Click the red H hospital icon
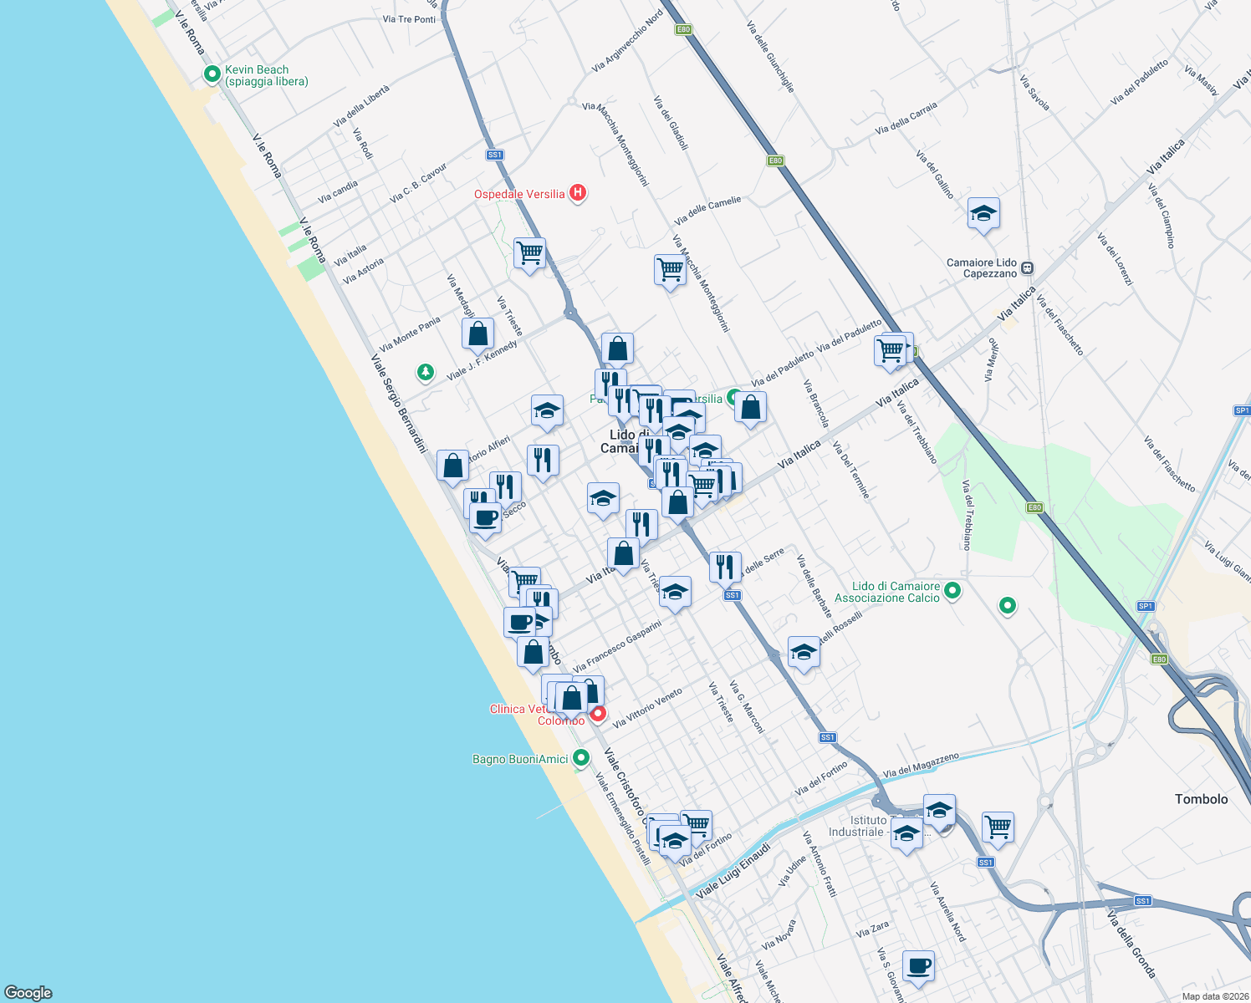(577, 193)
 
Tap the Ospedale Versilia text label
(519, 194)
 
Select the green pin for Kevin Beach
(212, 75)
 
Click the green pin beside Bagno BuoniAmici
(580, 758)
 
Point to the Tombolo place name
(1201, 799)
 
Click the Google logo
(28, 992)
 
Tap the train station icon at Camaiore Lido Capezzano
(1027, 268)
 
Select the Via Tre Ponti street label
(409, 19)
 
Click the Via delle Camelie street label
(707, 211)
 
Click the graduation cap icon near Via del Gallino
(983, 213)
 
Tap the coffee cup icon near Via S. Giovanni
(918, 965)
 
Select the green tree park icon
(426, 371)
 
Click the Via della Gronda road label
(1131, 944)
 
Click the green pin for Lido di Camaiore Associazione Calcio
(952, 592)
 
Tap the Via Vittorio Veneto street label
(647, 708)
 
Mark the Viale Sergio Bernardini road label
(399, 404)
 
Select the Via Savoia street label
(1034, 93)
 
